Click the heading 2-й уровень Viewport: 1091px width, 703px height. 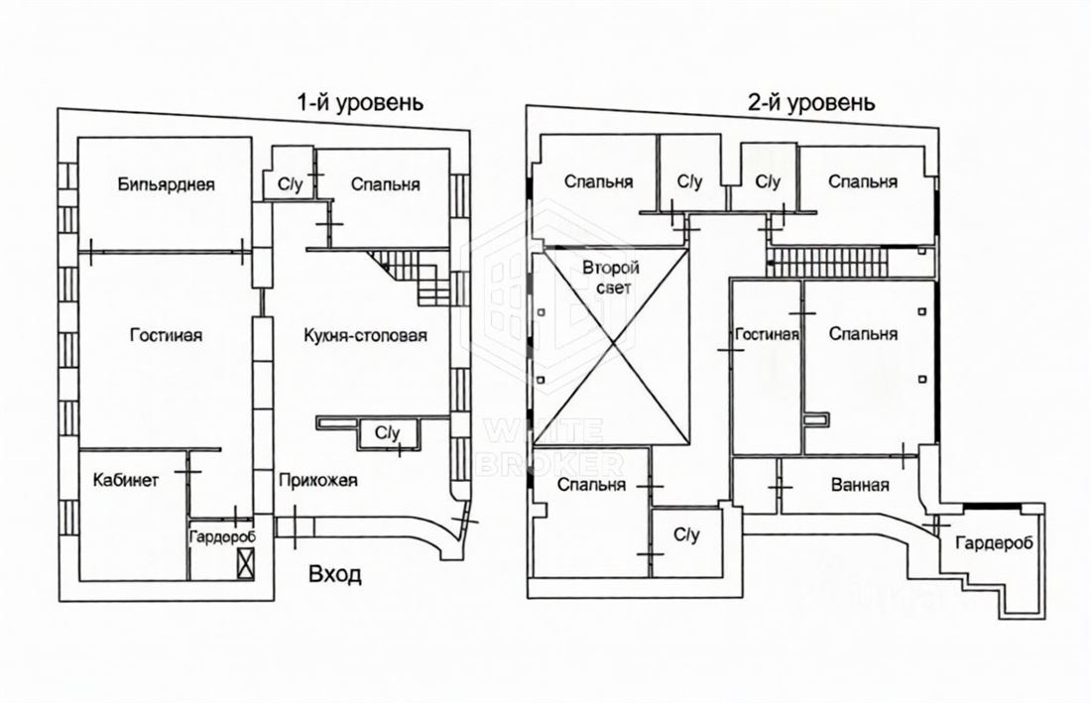point(812,102)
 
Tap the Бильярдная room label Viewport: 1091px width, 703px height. point(166,184)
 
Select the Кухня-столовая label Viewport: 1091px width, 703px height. point(366,336)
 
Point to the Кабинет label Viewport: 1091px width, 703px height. point(125,482)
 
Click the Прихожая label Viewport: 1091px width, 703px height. point(317,482)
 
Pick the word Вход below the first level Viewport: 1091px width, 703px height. point(335,575)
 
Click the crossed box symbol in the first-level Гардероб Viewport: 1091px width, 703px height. point(245,564)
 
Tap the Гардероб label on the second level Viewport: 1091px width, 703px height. point(994,543)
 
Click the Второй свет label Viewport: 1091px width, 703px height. point(610,278)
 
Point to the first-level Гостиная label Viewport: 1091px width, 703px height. point(166,336)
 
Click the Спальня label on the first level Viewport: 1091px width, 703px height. point(386,184)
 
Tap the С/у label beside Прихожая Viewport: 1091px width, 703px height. point(387,432)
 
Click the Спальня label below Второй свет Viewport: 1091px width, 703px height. point(591,485)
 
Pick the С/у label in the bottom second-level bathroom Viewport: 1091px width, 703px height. point(686,535)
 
